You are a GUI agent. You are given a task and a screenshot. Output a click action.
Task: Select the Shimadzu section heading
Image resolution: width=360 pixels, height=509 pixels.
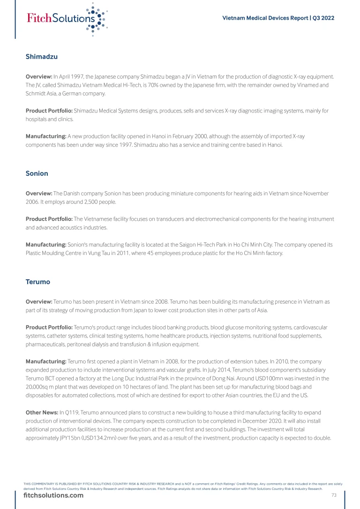[x=42, y=57]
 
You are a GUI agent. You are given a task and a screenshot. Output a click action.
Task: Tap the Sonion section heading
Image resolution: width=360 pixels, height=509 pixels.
[x=37, y=173]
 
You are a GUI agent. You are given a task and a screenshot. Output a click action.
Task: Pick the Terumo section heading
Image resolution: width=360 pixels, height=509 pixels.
[x=37, y=282]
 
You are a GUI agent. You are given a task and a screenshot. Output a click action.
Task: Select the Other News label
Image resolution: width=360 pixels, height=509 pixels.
[x=42, y=412]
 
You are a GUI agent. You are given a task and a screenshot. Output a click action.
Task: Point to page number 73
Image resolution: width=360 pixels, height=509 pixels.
[x=334, y=495]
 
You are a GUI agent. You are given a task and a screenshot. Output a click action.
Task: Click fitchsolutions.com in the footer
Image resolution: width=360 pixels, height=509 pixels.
[x=53, y=495]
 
